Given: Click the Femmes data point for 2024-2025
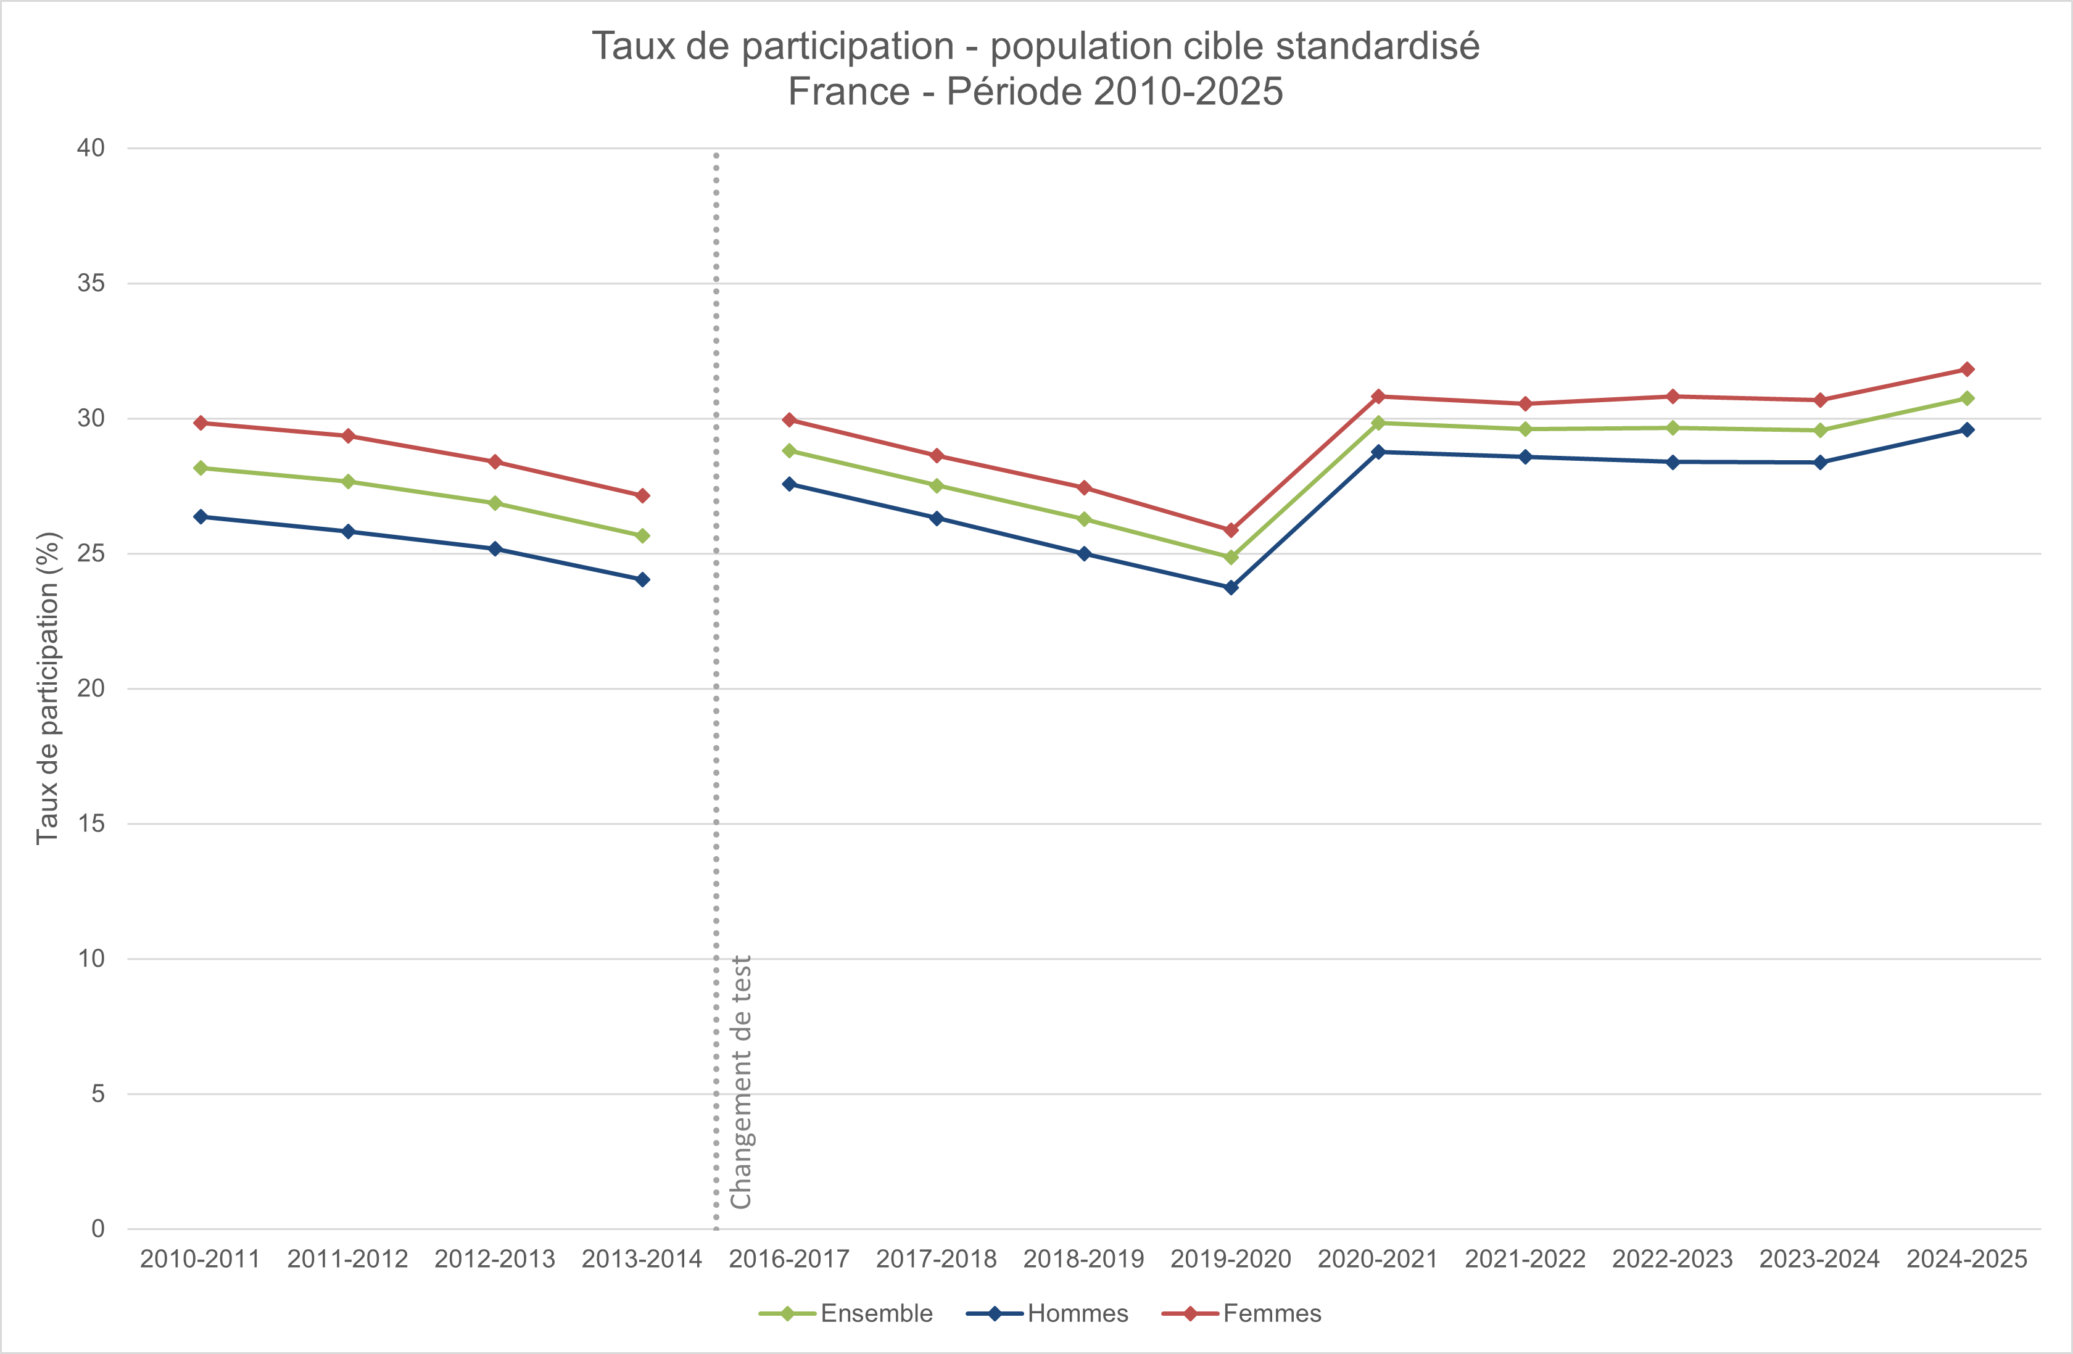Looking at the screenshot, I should point(1967,369).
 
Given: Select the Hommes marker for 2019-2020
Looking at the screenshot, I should point(1231,588).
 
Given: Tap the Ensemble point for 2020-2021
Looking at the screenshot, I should point(1378,423).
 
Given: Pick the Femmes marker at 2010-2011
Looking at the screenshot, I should point(201,423).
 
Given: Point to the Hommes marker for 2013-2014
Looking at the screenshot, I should point(642,579).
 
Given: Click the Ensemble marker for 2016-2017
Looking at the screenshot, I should point(789,451).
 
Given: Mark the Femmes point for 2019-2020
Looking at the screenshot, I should point(1231,530).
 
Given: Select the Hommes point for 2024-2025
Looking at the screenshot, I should point(1967,430).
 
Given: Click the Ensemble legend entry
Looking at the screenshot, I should point(875,1313).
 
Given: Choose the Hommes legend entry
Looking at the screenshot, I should point(1077,1313).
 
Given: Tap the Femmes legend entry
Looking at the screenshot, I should point(1271,1313).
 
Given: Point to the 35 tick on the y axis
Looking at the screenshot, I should point(91,283).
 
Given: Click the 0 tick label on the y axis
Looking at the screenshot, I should point(97,1229).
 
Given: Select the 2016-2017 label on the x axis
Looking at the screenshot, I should point(789,1259).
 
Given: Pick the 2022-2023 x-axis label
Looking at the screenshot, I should point(1673,1259).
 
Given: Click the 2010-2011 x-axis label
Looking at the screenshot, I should point(201,1259).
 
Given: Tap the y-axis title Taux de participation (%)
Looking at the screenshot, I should point(48,688).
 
